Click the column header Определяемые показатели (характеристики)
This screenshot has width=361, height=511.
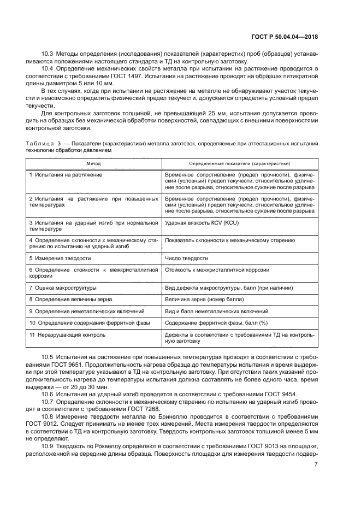pos(239,163)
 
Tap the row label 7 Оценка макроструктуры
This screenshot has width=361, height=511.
pos(63,287)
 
